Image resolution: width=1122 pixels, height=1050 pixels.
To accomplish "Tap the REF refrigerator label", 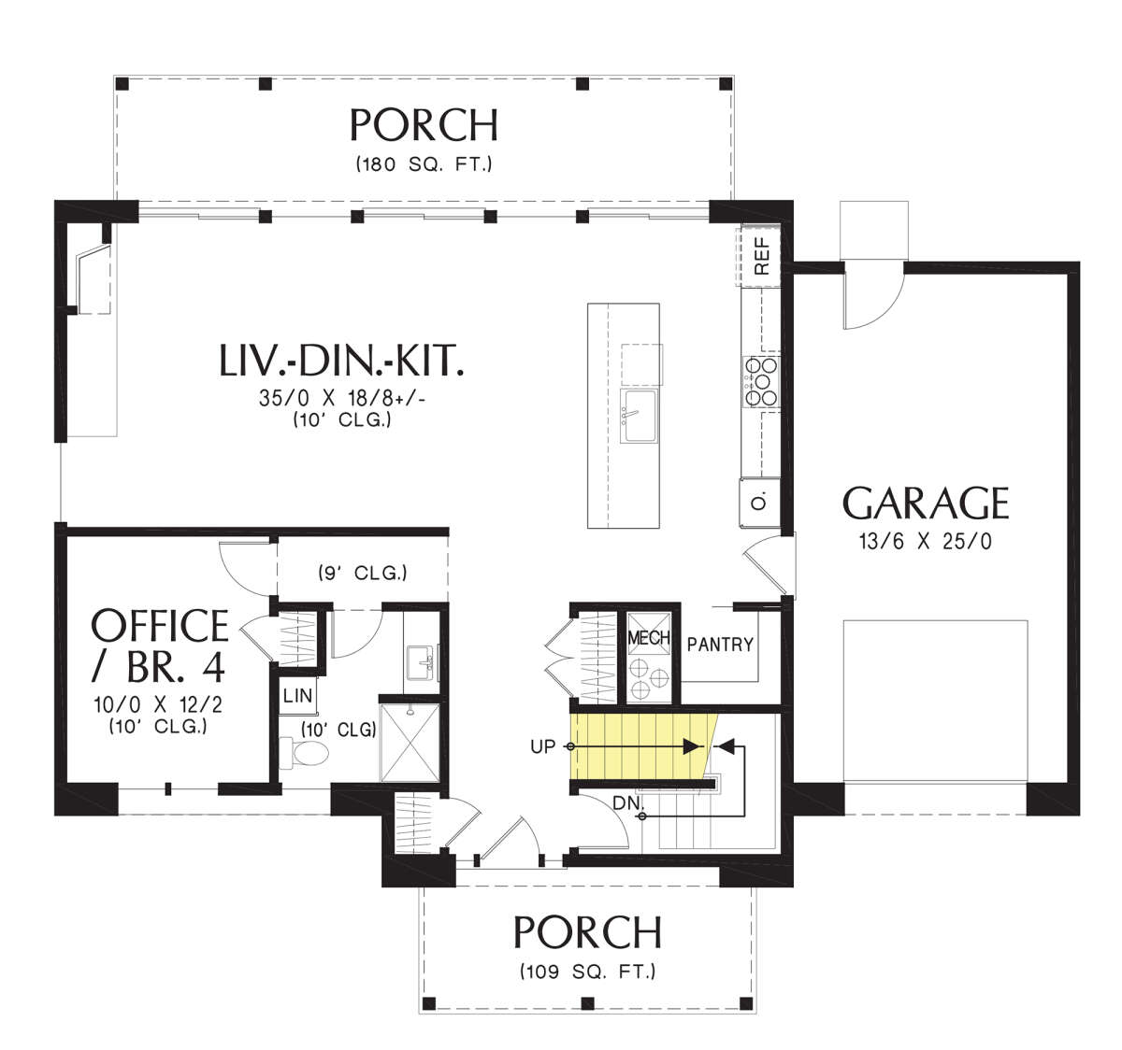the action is pyautogui.click(x=762, y=256).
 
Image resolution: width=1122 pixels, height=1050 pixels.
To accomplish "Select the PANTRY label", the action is pyautogui.click(x=720, y=645).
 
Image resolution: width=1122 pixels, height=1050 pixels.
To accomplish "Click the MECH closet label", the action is pyautogui.click(x=649, y=638).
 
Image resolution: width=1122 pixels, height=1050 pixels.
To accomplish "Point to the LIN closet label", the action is pyautogui.click(x=297, y=695).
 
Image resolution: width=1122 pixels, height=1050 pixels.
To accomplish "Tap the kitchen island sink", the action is pyautogui.click(x=639, y=416).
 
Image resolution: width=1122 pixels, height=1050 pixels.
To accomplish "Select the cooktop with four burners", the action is pyautogui.click(x=761, y=381).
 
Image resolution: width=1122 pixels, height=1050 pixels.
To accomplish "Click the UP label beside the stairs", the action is pyautogui.click(x=543, y=746).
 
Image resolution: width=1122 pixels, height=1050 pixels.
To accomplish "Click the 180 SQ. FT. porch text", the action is pyautogui.click(x=424, y=164).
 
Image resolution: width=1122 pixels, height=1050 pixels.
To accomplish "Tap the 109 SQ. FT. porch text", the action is pyautogui.click(x=587, y=972).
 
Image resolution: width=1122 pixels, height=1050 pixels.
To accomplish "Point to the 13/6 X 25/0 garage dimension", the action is pyautogui.click(x=926, y=542).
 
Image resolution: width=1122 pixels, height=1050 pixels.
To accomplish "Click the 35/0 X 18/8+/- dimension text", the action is pyautogui.click(x=342, y=398).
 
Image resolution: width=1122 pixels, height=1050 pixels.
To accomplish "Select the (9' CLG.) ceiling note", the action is pyautogui.click(x=362, y=573).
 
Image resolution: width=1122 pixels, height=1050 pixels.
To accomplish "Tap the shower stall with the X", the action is pyautogui.click(x=410, y=743).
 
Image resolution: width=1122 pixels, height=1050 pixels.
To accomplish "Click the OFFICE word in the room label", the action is pyautogui.click(x=159, y=626).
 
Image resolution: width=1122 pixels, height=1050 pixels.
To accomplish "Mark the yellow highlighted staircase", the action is pyautogui.click(x=644, y=746).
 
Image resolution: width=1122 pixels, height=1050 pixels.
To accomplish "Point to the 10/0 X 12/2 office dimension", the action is pyautogui.click(x=158, y=704).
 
